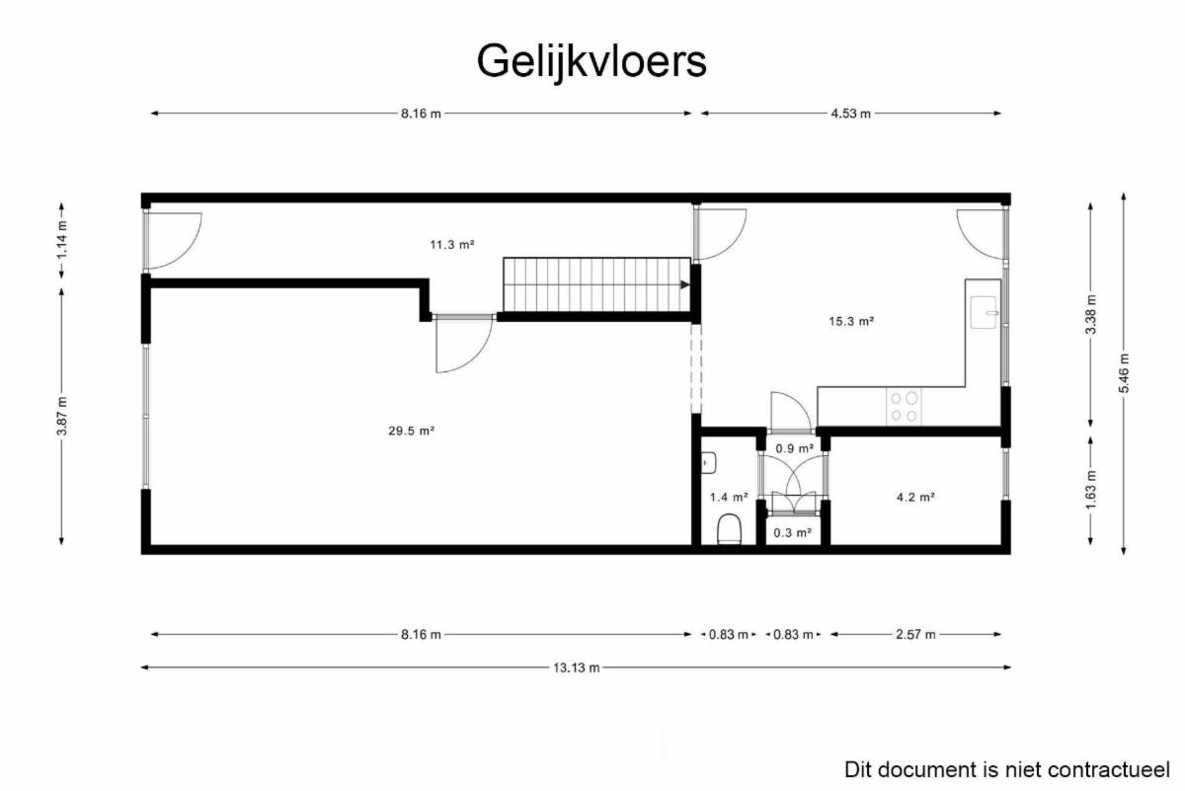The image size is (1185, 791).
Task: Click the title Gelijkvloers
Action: (592, 62)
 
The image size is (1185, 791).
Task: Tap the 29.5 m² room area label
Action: (411, 431)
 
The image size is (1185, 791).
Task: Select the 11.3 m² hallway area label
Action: (452, 245)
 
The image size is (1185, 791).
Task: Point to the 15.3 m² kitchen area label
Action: (850, 321)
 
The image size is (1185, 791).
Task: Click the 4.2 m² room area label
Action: (915, 498)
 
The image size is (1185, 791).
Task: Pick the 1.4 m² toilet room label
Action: (729, 498)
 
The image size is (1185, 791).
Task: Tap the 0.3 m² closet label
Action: (792, 533)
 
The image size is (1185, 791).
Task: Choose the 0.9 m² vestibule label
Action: (794, 448)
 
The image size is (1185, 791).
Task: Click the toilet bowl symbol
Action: (730, 528)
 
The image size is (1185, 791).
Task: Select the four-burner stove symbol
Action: (904, 406)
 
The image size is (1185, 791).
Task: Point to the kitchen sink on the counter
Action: (984, 312)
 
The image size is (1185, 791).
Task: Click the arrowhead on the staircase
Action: (685, 284)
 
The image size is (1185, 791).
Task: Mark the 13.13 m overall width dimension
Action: (576, 668)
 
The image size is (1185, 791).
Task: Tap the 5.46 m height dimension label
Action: (1124, 373)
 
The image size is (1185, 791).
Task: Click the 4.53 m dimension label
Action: (850, 114)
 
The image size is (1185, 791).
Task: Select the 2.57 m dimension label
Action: (915, 634)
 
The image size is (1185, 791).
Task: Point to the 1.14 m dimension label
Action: (62, 240)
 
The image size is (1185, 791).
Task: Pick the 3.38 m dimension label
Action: (1091, 314)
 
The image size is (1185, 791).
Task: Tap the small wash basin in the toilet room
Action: (709, 463)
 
